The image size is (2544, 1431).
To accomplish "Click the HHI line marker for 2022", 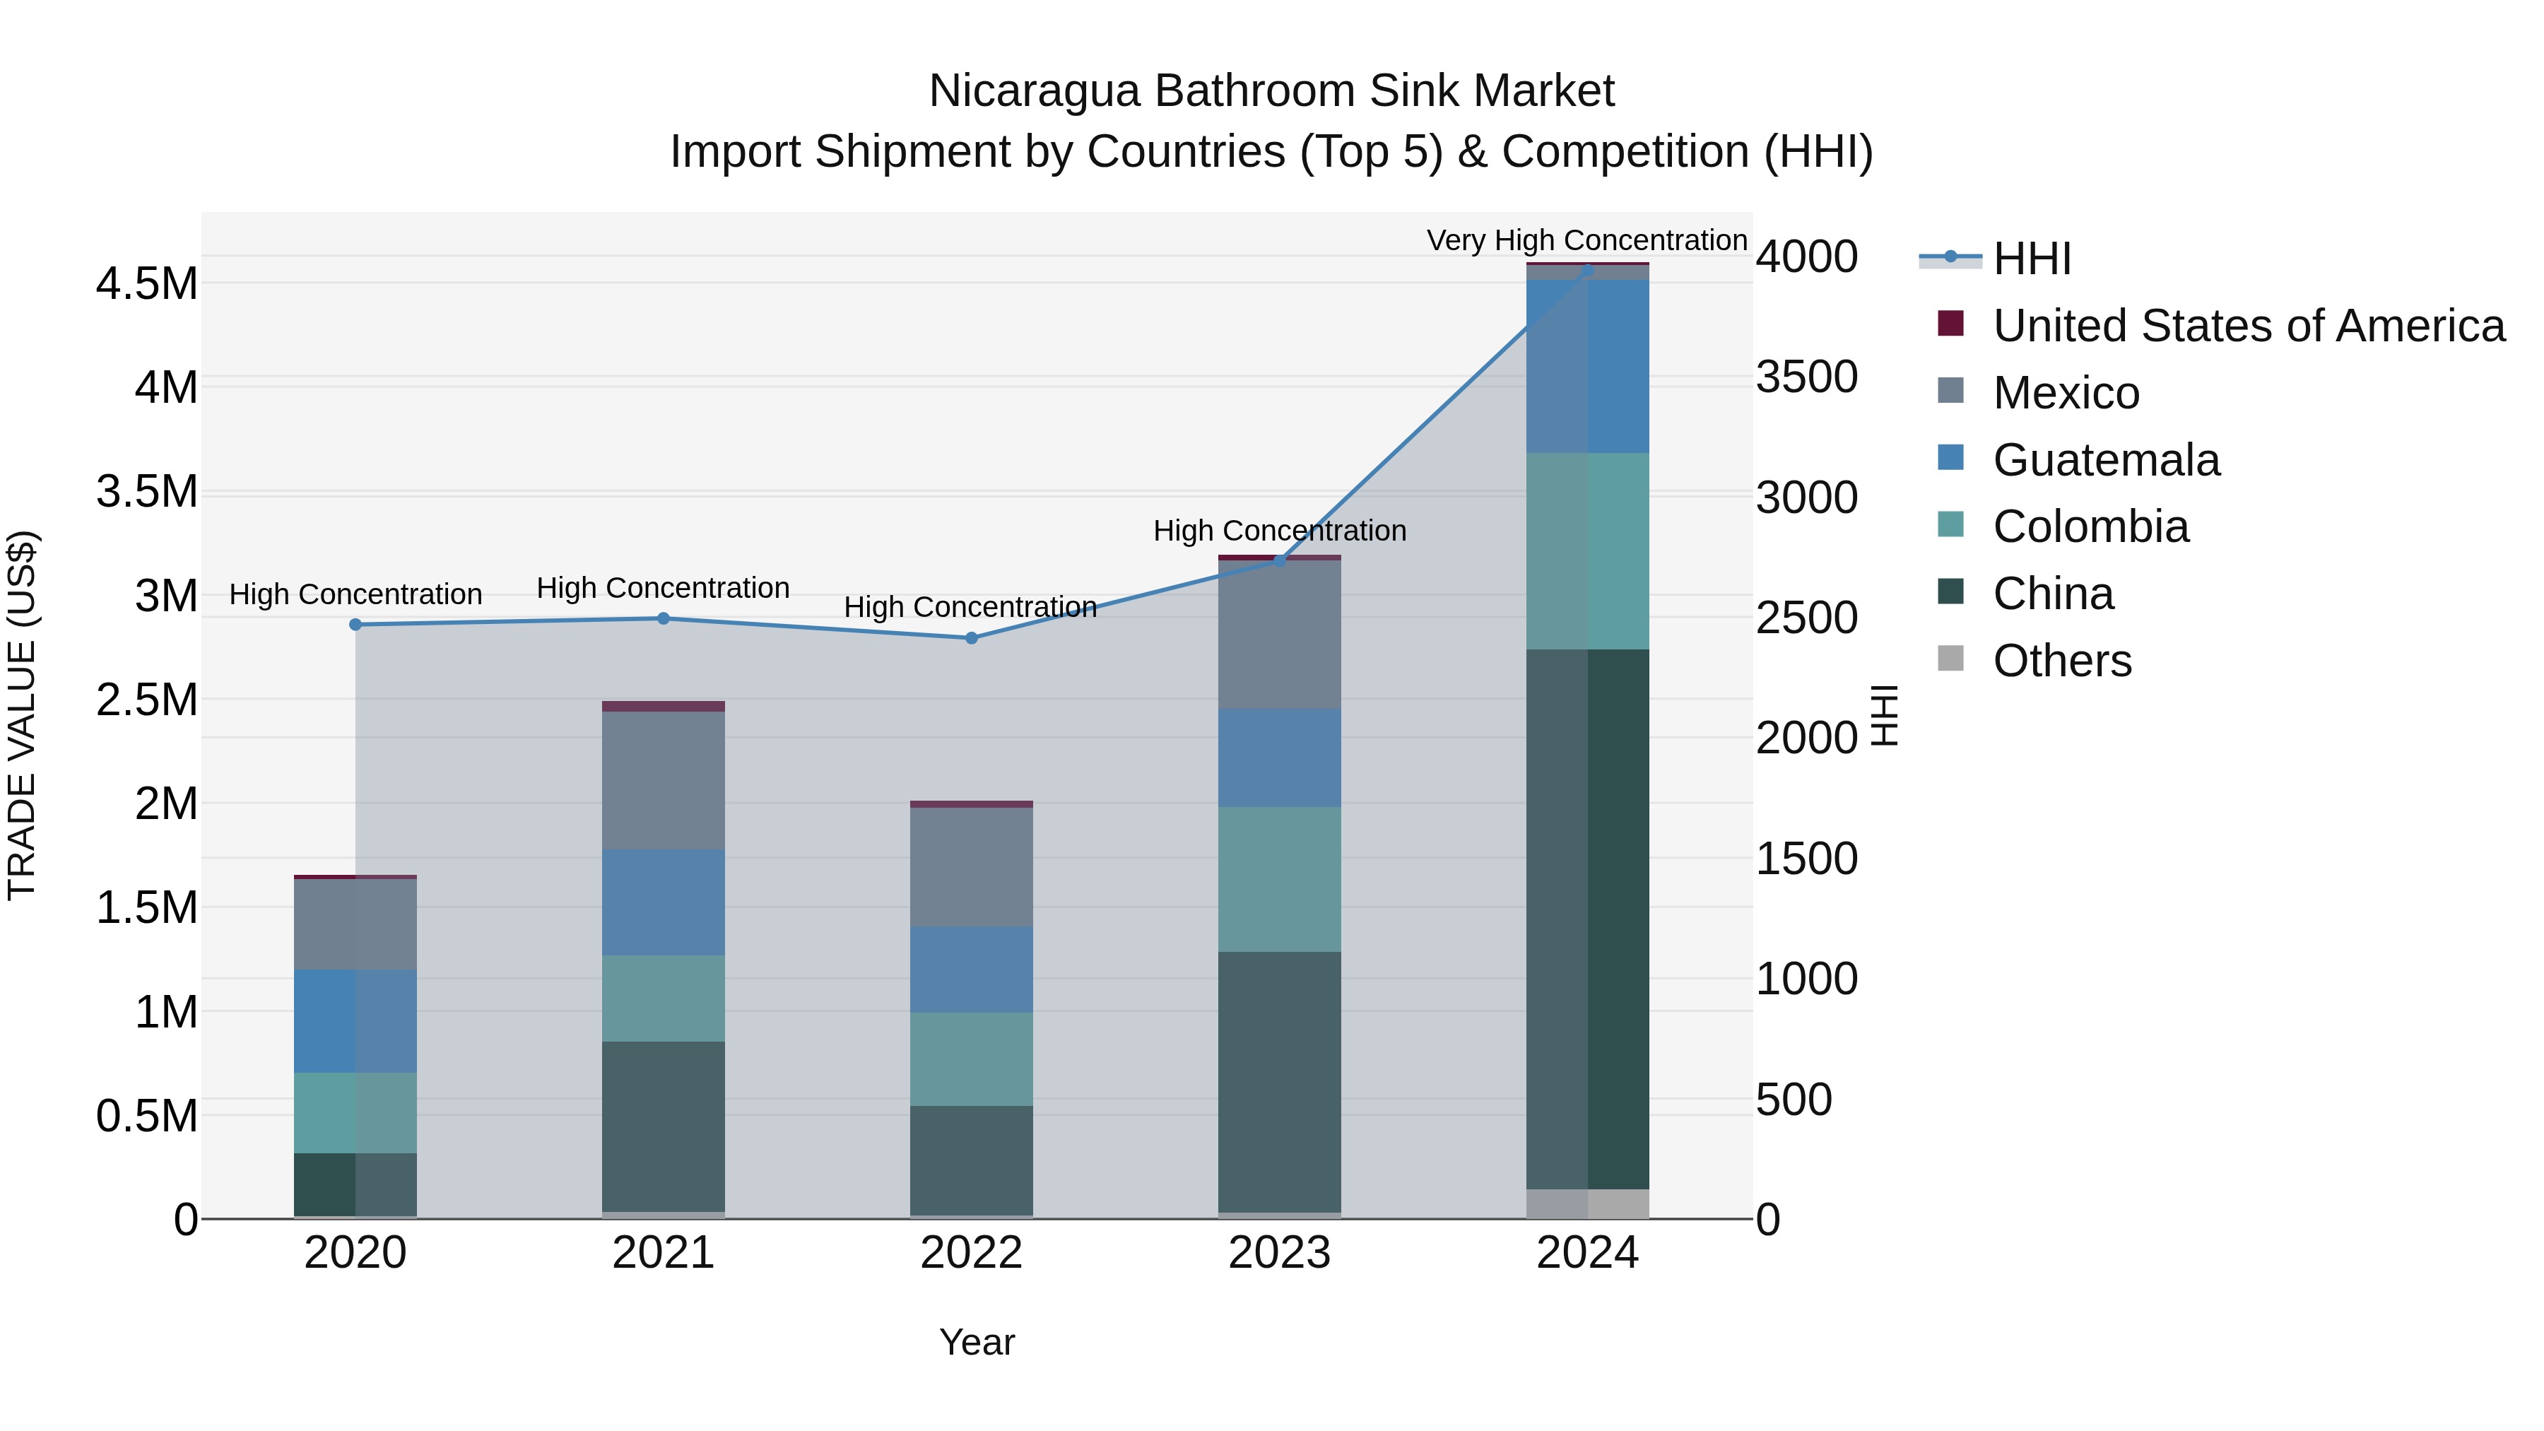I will [971, 638].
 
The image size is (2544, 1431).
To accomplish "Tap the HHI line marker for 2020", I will [355, 624].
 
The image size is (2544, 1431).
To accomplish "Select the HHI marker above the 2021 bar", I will [664, 618].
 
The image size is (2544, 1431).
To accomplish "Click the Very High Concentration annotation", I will [1587, 240].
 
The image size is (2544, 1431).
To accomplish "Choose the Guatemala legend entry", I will [2106, 460].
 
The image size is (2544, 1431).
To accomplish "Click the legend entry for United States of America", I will [2248, 326].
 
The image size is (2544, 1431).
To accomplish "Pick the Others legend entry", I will [2062, 661].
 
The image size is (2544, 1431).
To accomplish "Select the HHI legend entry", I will [2032, 259].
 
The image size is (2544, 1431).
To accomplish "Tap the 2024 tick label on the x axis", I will [1587, 1253].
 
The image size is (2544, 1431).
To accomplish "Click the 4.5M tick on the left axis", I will [147, 284].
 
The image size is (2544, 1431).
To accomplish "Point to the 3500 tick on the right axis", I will [1806, 377].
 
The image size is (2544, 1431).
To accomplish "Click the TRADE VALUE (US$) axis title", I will [23, 715].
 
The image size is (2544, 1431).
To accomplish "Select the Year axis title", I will [977, 1342].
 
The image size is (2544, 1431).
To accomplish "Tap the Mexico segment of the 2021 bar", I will [664, 780].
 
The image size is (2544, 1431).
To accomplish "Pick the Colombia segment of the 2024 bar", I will [1587, 551].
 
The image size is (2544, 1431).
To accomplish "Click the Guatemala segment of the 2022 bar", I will [971, 970].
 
